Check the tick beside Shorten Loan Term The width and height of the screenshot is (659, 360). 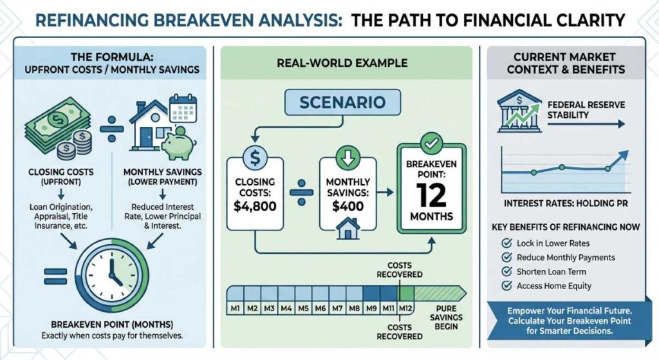[505, 271]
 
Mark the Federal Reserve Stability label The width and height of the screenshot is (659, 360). [586, 109]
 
